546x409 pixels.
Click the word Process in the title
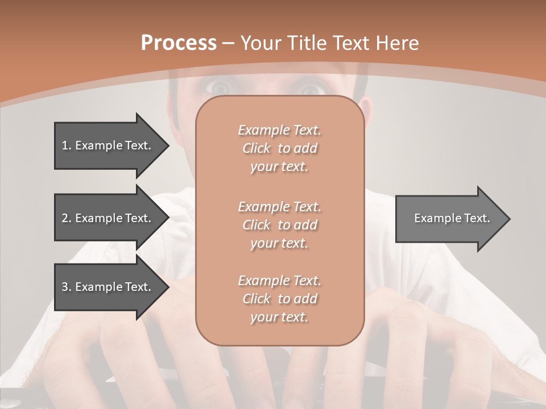179,43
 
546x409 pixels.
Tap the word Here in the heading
398,43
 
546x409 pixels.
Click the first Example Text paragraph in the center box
279,148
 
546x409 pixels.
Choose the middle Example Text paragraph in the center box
279,225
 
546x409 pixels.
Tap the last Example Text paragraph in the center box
279,299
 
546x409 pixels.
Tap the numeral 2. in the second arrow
67,218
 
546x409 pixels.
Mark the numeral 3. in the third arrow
67,287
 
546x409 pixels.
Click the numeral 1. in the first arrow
67,145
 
